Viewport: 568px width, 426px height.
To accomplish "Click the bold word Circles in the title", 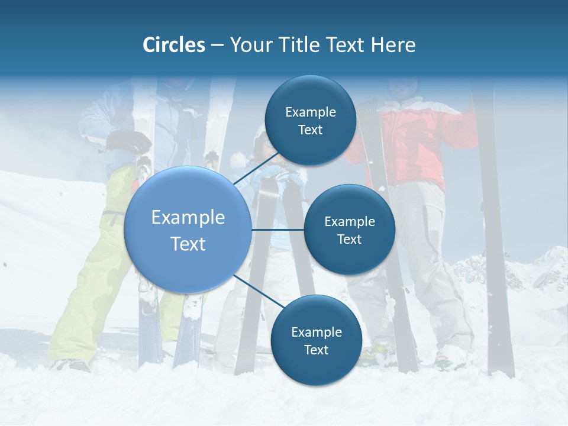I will pyautogui.click(x=174, y=45).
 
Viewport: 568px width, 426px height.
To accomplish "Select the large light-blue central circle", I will pyautogui.click(x=188, y=230).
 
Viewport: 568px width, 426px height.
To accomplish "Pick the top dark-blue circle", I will pyautogui.click(x=310, y=120).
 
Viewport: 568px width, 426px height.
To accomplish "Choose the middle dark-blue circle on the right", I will pyautogui.click(x=349, y=230).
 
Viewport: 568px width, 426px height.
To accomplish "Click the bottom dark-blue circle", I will pyautogui.click(x=316, y=340).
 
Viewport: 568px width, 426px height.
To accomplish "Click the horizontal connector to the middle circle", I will pyautogui.click(x=277, y=230).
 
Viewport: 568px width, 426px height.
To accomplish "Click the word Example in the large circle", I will pyautogui.click(x=188, y=217).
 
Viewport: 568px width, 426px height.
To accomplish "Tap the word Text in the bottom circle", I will pyautogui.click(x=316, y=350).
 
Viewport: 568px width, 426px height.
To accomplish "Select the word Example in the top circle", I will pyautogui.click(x=310, y=112).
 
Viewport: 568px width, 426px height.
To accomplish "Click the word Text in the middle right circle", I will pyautogui.click(x=349, y=239).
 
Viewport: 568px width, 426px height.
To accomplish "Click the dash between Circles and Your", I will pyautogui.click(x=217, y=45).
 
